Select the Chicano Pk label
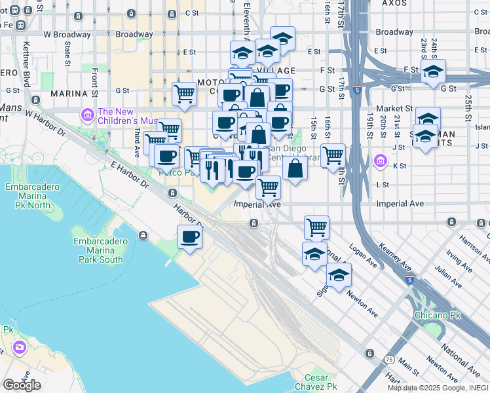coord(438,315)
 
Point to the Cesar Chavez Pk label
coord(320,383)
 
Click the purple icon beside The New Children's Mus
coord(87,116)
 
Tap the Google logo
coord(22,384)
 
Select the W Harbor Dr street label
coord(46,122)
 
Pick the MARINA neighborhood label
coord(69,94)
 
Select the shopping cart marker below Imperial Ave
coord(316,227)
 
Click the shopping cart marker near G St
coord(185,94)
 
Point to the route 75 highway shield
coord(390,360)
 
